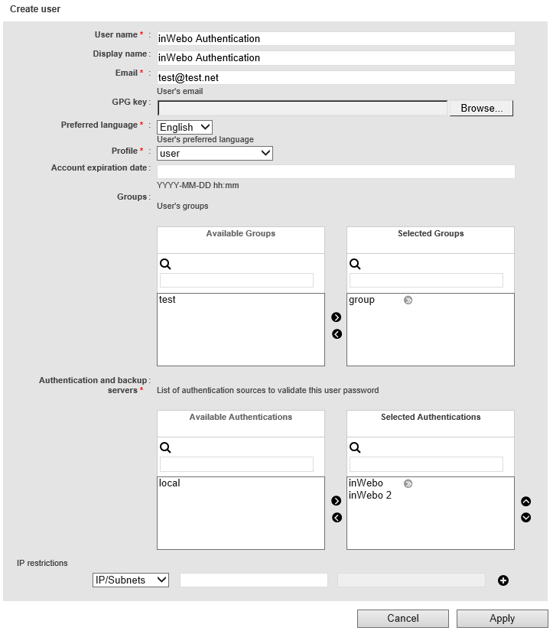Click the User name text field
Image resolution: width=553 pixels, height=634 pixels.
[x=335, y=38]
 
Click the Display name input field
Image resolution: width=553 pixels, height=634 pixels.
[x=335, y=57]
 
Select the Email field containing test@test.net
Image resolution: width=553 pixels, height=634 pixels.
[x=335, y=77]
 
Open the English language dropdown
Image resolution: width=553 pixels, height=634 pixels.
[x=184, y=127]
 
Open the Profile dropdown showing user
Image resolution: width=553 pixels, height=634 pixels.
[x=214, y=153]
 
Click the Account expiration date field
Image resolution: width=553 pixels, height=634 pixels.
[x=335, y=171]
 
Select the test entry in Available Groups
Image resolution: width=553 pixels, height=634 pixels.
[x=168, y=300]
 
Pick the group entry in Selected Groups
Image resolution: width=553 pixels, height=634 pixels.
[x=362, y=300]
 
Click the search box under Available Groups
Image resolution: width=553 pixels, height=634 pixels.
[x=236, y=280]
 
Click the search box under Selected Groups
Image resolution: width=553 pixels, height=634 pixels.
[x=426, y=280]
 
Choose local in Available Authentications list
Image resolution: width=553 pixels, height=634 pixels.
[x=170, y=483]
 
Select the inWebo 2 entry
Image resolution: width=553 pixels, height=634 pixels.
[x=370, y=496]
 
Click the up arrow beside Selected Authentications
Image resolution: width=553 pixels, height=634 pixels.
[x=526, y=502]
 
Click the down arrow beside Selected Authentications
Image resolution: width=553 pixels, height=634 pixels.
[x=526, y=518]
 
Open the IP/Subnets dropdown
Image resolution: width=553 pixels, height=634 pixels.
[x=130, y=580]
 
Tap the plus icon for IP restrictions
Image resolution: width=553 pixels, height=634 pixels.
[x=503, y=580]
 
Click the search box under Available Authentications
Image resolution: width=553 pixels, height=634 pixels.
[x=236, y=463]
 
